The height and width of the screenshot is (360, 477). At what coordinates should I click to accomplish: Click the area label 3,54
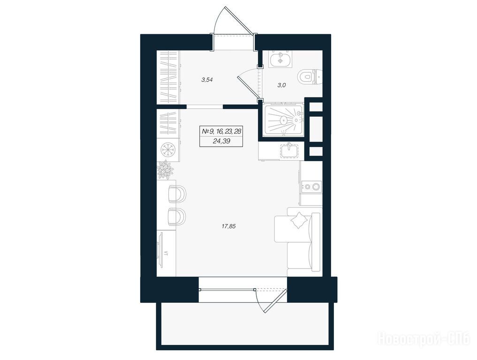(x=207, y=80)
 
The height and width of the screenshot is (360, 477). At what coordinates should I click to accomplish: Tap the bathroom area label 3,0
(x=281, y=85)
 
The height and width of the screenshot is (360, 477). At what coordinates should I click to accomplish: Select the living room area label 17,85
(x=229, y=226)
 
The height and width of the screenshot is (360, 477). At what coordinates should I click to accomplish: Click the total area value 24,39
(x=221, y=142)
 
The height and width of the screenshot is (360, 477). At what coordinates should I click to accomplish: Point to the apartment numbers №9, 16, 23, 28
(x=221, y=132)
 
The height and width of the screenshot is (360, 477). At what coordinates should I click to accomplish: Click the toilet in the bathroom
(x=309, y=76)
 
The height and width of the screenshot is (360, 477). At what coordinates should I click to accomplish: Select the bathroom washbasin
(x=280, y=59)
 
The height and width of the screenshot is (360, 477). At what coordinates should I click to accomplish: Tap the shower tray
(x=283, y=120)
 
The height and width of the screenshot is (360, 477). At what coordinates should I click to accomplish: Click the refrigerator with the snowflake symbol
(x=167, y=150)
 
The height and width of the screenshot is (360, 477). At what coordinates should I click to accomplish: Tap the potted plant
(x=165, y=169)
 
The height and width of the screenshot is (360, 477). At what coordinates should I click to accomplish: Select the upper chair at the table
(x=176, y=194)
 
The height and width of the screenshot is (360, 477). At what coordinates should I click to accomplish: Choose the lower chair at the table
(x=176, y=217)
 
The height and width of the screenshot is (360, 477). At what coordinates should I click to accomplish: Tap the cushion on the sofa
(x=298, y=220)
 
